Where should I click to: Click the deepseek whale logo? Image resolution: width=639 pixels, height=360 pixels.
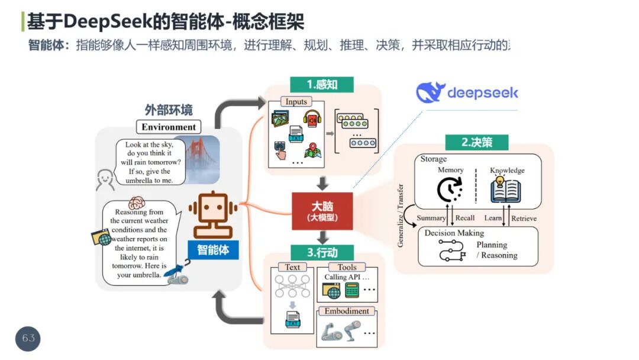pyautogui.click(x=431, y=93)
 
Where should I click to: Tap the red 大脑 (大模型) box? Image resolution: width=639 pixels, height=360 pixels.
pyautogui.click(x=322, y=211)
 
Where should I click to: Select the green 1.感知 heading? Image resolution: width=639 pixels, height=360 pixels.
pyautogui.click(x=322, y=85)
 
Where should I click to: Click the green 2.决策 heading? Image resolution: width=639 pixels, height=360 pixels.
pyautogui.click(x=477, y=142)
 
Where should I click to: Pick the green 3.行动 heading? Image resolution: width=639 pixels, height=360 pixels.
pyautogui.click(x=322, y=253)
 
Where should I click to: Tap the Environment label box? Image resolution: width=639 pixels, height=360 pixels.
pyautogui.click(x=169, y=127)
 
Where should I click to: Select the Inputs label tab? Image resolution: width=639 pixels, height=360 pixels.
pyautogui.click(x=296, y=102)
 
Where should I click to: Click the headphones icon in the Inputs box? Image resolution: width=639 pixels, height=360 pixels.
pyautogui.click(x=312, y=117)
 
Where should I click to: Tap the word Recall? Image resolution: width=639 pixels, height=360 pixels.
pyautogui.click(x=465, y=218)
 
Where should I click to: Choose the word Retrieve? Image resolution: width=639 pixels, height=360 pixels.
pyautogui.click(x=524, y=218)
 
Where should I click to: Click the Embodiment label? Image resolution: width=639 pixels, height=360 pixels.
pyautogui.click(x=347, y=311)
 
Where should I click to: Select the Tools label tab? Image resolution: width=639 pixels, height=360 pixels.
pyautogui.click(x=347, y=268)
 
